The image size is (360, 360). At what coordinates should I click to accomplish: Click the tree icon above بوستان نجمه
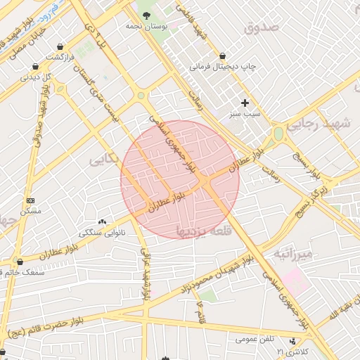(x=146, y=15)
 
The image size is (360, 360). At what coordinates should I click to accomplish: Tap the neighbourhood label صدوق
(x=262, y=27)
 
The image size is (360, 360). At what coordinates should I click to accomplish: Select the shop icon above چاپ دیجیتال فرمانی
(x=223, y=56)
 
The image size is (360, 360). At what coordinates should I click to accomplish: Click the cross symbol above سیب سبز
(x=245, y=102)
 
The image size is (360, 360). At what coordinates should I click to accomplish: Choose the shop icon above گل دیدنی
(x=35, y=67)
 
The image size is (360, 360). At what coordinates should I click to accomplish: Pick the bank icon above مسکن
(x=30, y=201)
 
